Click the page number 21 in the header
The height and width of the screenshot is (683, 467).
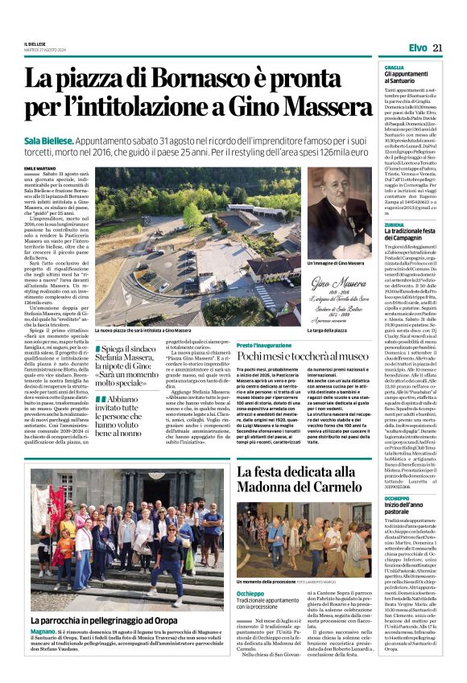coord(438,48)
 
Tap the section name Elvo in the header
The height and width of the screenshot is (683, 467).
coord(417,48)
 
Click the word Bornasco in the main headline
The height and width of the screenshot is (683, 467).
coord(213,79)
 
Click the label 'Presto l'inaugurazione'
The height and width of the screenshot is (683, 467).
coord(262,344)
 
